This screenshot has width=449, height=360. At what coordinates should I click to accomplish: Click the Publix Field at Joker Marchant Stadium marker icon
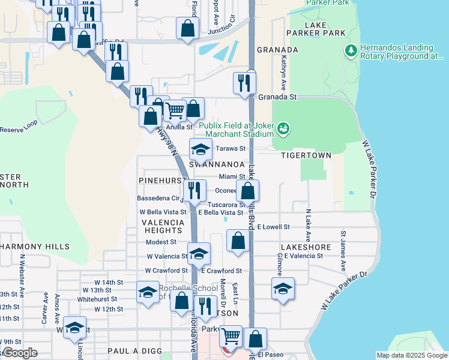283,128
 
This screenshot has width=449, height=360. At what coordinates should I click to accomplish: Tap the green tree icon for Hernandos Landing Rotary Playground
351,52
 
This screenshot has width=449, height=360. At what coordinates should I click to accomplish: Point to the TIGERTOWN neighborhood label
306,155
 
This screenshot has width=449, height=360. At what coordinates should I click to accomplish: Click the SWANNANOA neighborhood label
217,164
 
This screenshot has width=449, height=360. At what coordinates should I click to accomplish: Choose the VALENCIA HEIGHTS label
162,226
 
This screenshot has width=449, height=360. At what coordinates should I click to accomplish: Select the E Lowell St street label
273,227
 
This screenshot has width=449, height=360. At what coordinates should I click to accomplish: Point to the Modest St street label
161,242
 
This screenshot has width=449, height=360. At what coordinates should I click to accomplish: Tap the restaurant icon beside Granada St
244,83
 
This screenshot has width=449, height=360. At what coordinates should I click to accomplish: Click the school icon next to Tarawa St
200,149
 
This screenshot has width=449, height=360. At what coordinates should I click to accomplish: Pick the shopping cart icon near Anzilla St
175,110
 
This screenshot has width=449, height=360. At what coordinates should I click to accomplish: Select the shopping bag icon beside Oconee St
247,191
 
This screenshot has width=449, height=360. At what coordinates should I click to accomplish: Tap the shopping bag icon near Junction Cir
188,28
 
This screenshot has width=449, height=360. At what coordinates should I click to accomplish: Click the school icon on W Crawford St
199,253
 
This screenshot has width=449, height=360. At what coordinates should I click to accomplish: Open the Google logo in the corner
20,353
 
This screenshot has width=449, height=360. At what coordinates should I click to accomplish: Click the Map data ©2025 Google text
411,355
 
